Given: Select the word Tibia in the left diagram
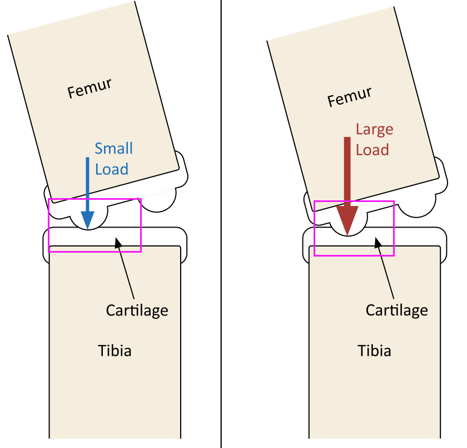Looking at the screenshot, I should pyautogui.click(x=115, y=351).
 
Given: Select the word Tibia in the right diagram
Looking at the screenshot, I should pyautogui.click(x=374, y=351).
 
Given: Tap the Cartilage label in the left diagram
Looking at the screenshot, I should pyautogui.click(x=137, y=309).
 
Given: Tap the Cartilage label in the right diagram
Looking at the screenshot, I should pyautogui.click(x=396, y=309).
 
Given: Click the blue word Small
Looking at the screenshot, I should pyautogui.click(x=113, y=149).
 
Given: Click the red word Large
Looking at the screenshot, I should pyautogui.click(x=374, y=130).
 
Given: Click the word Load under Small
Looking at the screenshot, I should pyautogui.click(x=111, y=169).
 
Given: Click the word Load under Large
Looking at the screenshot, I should pyautogui.click(x=372, y=150).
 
